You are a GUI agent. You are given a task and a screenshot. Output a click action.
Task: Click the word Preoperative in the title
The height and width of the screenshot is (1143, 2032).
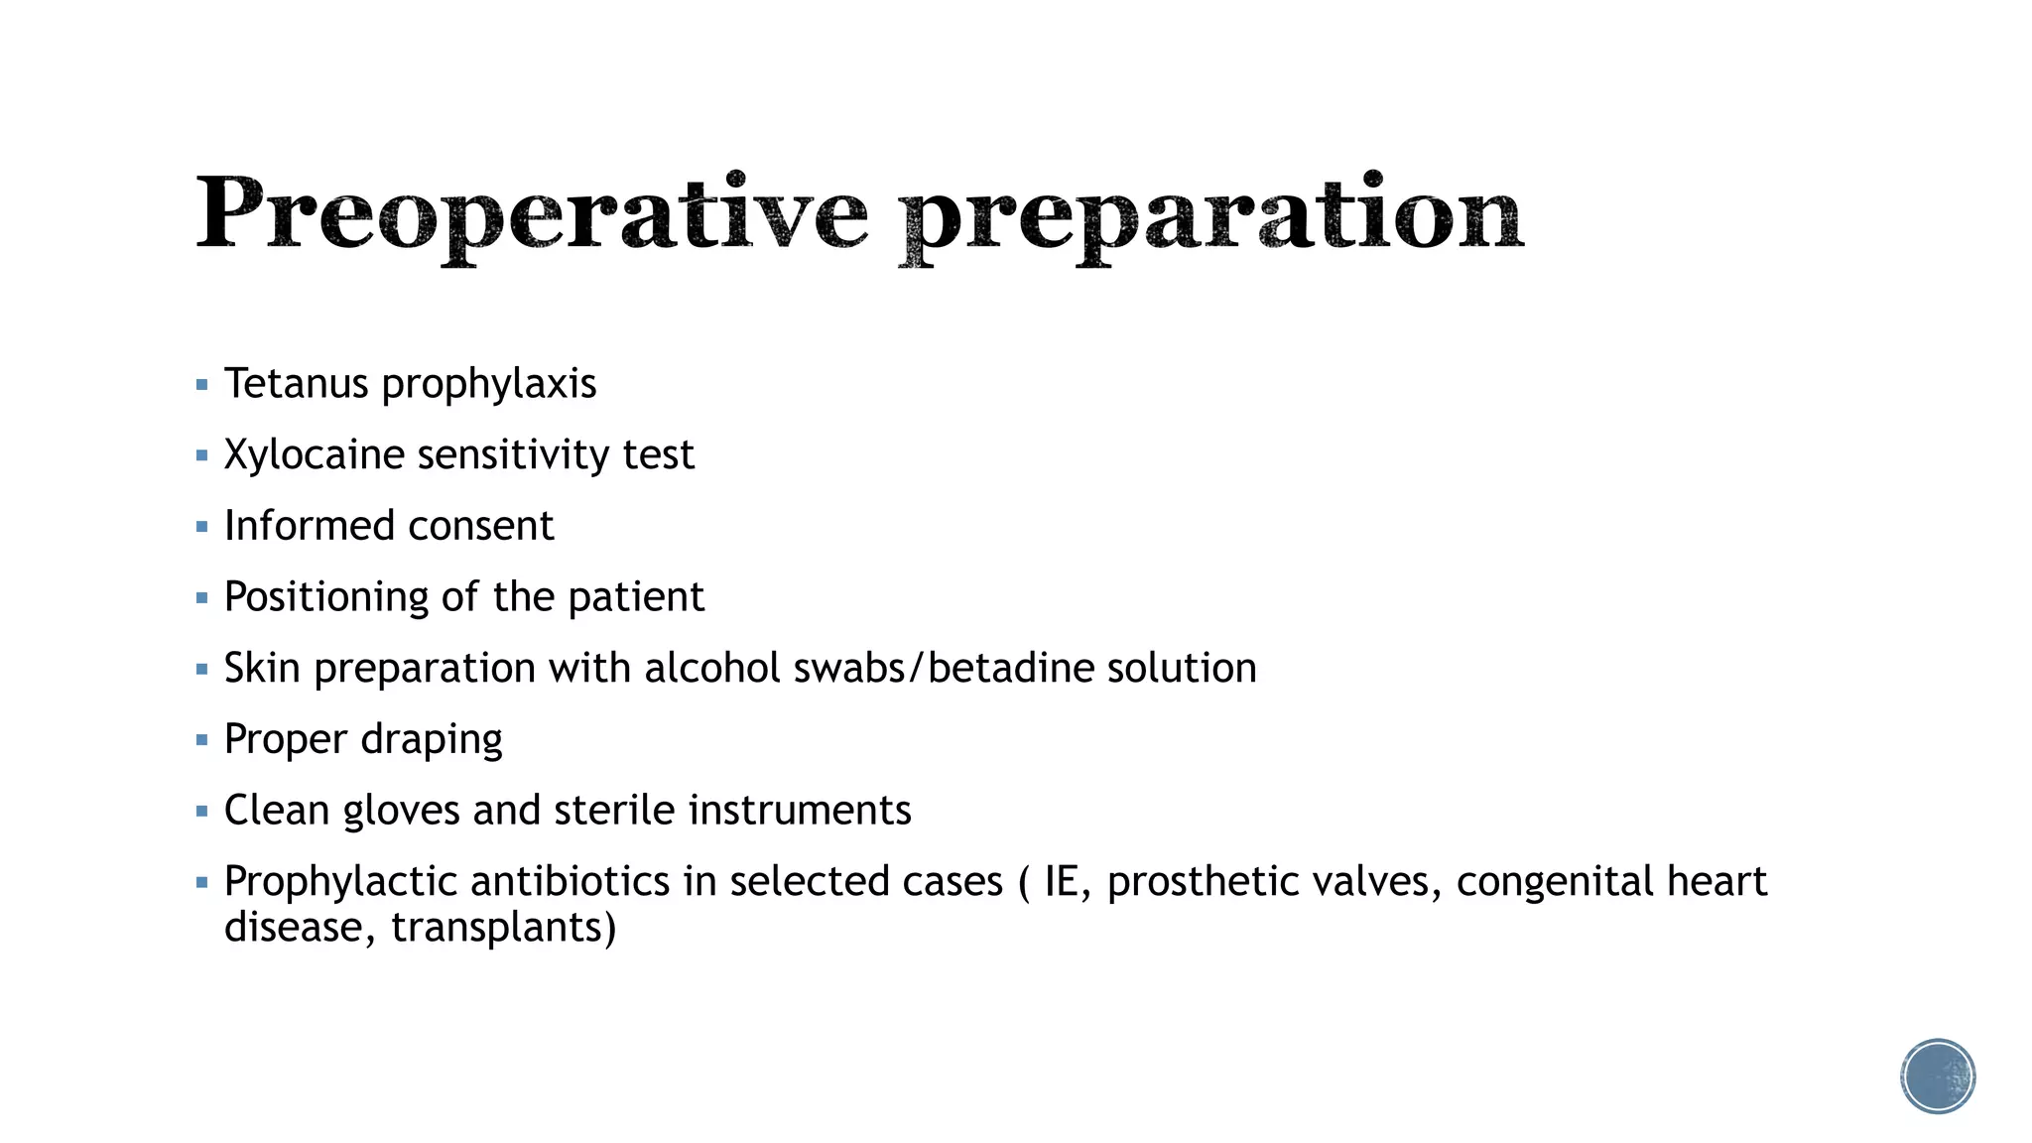click(x=531, y=215)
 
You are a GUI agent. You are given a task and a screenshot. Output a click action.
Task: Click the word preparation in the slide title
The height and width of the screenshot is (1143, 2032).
click(x=1210, y=215)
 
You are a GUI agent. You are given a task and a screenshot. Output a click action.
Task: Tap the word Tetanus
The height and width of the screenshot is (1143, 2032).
click(x=296, y=384)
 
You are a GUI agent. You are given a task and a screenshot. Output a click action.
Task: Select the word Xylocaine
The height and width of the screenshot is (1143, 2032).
click(x=314, y=455)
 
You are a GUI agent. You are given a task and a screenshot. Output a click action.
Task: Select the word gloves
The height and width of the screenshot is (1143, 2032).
click(x=401, y=811)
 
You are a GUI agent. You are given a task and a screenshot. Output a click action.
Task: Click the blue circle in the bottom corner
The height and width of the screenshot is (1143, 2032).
click(x=1938, y=1076)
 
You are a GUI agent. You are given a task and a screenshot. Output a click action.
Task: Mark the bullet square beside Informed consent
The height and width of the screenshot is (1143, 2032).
click(x=202, y=527)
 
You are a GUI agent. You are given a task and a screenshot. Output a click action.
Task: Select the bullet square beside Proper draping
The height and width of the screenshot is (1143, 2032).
click(x=202, y=740)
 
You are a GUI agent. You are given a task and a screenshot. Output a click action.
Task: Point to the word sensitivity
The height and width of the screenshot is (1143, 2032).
click(x=513, y=455)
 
